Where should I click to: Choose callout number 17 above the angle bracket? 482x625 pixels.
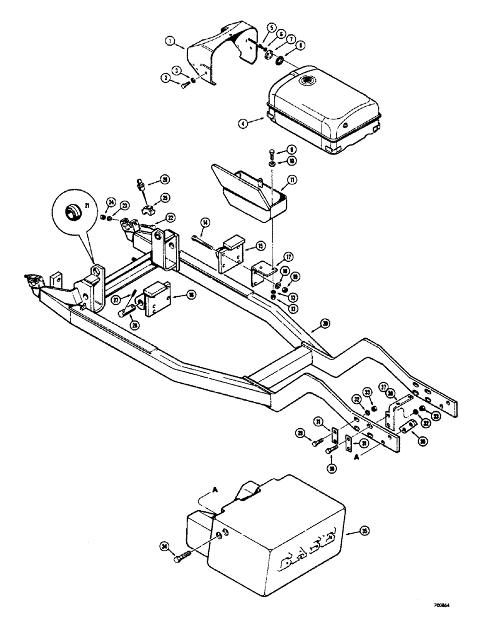(288, 256)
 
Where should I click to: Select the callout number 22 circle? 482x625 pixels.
(170, 217)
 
